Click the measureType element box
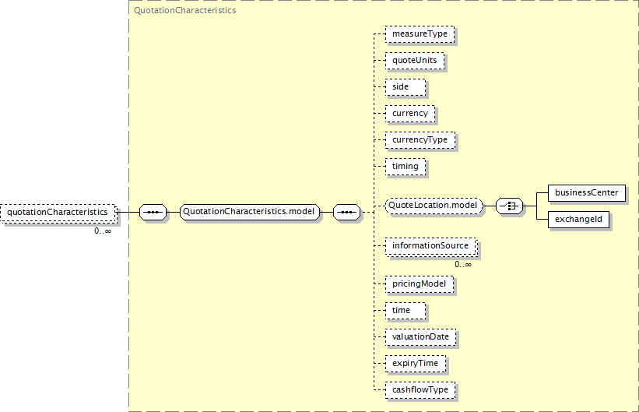point(420,33)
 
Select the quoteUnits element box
point(415,61)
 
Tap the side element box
point(406,87)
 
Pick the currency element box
point(410,114)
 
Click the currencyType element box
point(420,140)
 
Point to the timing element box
point(406,167)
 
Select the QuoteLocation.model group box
point(434,205)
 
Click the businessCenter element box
point(587,193)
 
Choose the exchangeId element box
point(579,220)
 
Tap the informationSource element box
point(431,246)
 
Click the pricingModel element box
point(420,284)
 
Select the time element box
point(406,311)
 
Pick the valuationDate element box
point(420,337)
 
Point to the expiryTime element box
point(416,364)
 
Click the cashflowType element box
point(420,390)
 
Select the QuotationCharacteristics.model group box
point(249,212)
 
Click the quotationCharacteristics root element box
point(58,213)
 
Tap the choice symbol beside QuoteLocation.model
point(509,206)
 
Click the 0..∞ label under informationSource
point(463,264)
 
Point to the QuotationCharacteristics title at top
point(185,11)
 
